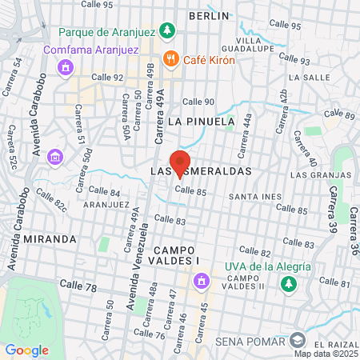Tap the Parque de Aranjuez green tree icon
point(167,31)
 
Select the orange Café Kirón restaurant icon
point(170,58)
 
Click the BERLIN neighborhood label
point(209,15)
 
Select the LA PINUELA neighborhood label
point(202,121)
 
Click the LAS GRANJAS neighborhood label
point(321,174)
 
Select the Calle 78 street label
point(79,286)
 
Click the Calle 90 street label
point(198,102)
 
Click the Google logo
point(26,350)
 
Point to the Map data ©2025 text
point(324,353)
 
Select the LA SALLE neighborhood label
point(305,78)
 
